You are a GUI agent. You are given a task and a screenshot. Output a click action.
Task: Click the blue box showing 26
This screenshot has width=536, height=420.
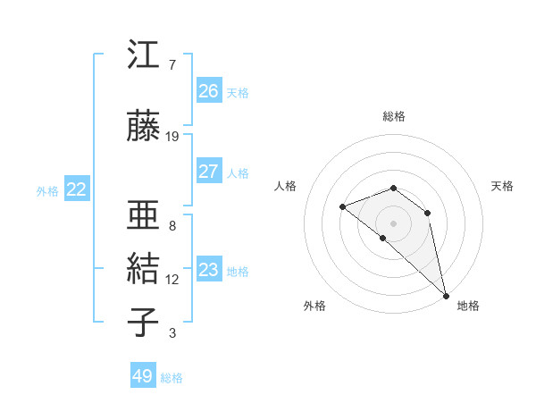(x=209, y=90)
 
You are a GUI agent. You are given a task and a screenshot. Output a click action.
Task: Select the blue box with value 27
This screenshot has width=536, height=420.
(x=209, y=172)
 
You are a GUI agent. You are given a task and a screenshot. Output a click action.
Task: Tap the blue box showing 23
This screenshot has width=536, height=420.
(x=209, y=270)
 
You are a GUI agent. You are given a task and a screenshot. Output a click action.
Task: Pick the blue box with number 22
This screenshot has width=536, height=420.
(x=76, y=189)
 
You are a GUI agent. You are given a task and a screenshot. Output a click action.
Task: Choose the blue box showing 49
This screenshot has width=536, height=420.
(x=143, y=376)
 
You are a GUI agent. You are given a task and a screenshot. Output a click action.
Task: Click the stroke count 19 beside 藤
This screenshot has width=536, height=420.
(x=172, y=136)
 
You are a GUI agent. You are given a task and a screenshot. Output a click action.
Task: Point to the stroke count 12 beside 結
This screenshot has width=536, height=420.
(x=172, y=279)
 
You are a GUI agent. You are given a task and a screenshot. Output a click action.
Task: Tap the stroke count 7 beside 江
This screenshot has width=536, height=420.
(x=172, y=65)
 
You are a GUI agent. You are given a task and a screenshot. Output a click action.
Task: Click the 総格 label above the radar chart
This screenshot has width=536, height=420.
(x=393, y=116)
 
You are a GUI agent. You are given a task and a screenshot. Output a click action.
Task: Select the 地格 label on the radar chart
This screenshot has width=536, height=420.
(x=468, y=306)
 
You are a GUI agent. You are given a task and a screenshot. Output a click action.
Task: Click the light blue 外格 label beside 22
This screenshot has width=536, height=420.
(x=47, y=190)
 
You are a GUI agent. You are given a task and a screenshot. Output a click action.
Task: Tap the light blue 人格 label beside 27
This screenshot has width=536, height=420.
(x=238, y=172)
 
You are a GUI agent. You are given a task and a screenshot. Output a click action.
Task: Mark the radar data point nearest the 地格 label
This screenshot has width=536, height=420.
(x=445, y=295)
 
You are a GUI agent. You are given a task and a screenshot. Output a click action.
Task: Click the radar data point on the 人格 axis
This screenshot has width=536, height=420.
(x=342, y=207)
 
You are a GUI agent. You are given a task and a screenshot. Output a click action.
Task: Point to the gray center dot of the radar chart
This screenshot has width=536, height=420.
(x=393, y=223)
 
